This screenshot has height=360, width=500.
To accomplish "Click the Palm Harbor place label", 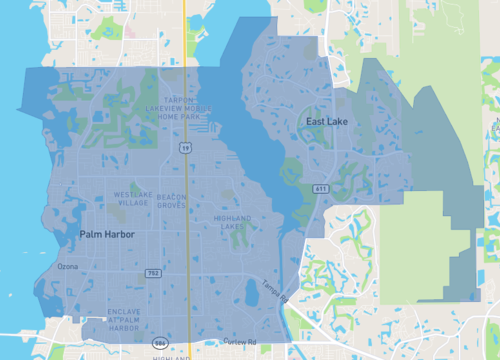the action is point(107,234).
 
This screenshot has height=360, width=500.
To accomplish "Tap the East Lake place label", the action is point(326,121).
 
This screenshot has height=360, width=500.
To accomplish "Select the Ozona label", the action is point(67,267).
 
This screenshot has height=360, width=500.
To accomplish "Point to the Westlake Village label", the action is point(133,198).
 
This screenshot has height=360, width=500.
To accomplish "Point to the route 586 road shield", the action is point(160,343).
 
